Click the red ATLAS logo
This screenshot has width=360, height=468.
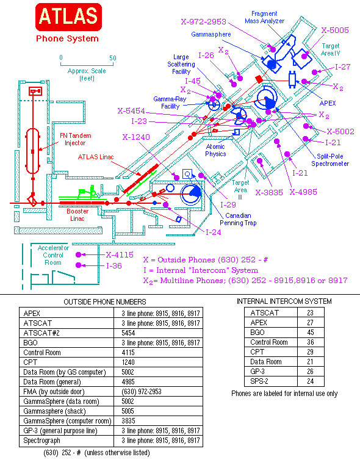(x=69, y=17)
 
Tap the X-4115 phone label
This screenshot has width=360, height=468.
(x=120, y=254)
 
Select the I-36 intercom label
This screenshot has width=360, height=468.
(x=114, y=265)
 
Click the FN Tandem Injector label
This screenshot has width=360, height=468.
(x=75, y=139)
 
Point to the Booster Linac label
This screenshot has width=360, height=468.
(x=77, y=215)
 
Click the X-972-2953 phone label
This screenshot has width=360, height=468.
(x=204, y=21)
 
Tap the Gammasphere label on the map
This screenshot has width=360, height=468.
(x=211, y=34)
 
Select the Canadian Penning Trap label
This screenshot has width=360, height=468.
(x=238, y=219)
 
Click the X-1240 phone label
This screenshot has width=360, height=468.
(x=136, y=137)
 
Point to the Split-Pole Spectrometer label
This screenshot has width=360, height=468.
(x=330, y=160)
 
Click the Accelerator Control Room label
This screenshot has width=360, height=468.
(x=53, y=255)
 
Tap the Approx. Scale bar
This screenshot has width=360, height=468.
(x=87, y=63)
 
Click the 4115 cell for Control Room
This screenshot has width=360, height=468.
(x=128, y=353)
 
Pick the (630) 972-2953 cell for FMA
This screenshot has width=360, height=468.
(x=141, y=392)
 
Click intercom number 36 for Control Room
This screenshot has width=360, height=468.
(x=311, y=342)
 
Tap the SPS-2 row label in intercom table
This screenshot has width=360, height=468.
(x=259, y=381)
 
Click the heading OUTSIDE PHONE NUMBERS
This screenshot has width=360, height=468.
(x=105, y=302)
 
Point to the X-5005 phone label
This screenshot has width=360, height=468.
(x=335, y=30)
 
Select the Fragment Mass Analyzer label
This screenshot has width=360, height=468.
(x=264, y=17)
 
